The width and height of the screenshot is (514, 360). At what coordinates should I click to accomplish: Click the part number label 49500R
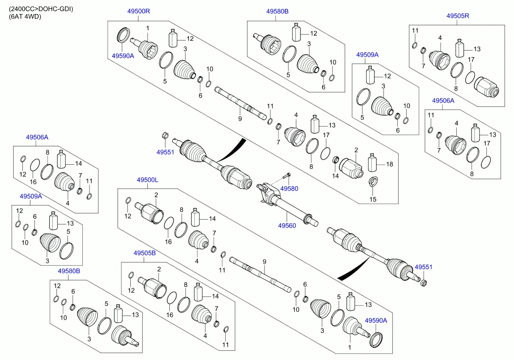(138, 11)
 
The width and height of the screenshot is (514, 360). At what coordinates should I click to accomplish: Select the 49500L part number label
(147, 180)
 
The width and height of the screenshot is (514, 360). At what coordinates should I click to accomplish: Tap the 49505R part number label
(457, 16)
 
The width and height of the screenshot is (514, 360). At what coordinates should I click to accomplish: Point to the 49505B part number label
(145, 253)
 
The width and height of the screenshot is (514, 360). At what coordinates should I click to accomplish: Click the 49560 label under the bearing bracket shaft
(287, 225)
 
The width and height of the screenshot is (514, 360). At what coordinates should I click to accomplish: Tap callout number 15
(373, 199)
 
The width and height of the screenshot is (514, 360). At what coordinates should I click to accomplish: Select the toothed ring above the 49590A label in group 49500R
(123, 35)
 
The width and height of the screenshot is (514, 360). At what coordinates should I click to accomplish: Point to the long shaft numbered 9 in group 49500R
(240, 103)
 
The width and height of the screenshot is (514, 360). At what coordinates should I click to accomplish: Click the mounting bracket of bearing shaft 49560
(265, 193)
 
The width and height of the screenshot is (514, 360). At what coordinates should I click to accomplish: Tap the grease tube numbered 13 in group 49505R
(460, 48)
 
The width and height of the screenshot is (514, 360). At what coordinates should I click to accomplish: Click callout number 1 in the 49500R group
(148, 28)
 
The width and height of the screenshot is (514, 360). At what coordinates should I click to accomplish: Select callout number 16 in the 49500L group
(169, 242)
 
